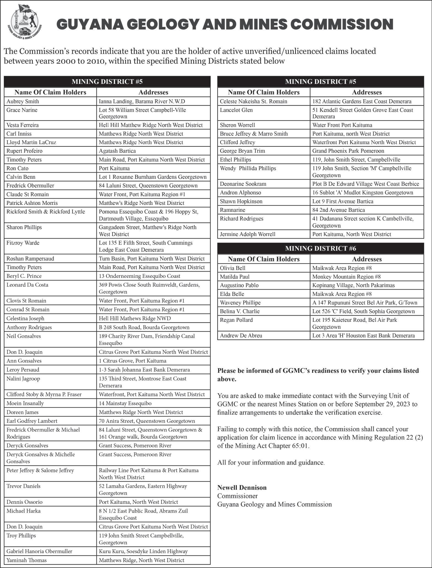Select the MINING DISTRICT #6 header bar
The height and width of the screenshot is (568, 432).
pyautogui.click(x=320, y=248)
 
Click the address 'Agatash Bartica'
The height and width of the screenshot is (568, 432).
pyautogui.click(x=117, y=151)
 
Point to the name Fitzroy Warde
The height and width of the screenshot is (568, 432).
pyautogui.click(x=23, y=243)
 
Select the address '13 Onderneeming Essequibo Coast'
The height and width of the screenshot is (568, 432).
pyautogui.click(x=139, y=276)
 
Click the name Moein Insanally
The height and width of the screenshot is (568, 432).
pyautogui.click(x=25, y=403)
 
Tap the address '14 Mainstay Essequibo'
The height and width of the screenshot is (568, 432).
pyautogui.click(x=125, y=403)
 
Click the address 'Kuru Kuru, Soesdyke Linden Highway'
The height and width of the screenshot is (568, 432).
pyautogui.click(x=143, y=551)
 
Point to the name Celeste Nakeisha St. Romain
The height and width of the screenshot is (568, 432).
pyautogui.click(x=253, y=101)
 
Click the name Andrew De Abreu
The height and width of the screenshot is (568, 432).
pyautogui.click(x=241, y=336)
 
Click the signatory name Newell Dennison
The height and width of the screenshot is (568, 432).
pyautogui.click(x=242, y=487)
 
